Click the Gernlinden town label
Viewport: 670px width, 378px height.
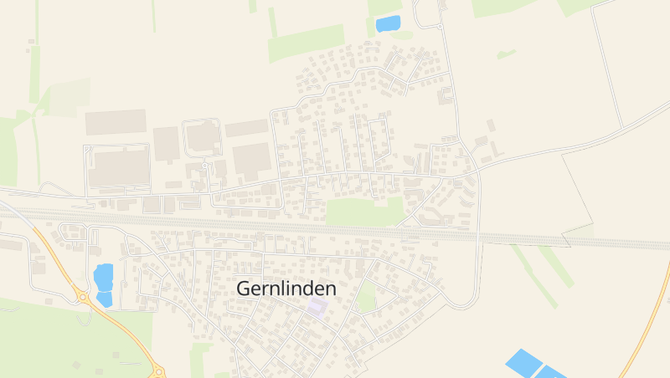coord(286,289)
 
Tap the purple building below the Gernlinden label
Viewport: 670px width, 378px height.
coord(316,307)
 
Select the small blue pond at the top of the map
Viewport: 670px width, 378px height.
coord(388,24)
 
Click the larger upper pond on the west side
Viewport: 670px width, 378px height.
coord(103,277)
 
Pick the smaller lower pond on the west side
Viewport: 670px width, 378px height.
coord(105,299)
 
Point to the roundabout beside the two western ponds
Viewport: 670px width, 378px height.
coord(83,296)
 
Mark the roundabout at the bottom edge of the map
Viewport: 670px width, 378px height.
coord(158,372)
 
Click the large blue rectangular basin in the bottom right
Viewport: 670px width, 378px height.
coord(524,362)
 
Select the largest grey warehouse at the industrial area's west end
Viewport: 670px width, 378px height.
coord(118,167)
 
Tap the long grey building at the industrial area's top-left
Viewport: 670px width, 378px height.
coord(115,122)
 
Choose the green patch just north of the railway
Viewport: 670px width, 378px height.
coord(364,212)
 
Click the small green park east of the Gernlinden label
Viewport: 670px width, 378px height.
coord(366,297)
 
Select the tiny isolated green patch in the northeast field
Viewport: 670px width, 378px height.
coord(506,54)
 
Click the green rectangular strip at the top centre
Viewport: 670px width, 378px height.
coord(306,43)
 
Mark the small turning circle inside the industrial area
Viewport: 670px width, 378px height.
coord(204,166)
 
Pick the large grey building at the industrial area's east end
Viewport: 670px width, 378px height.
coord(252,158)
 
